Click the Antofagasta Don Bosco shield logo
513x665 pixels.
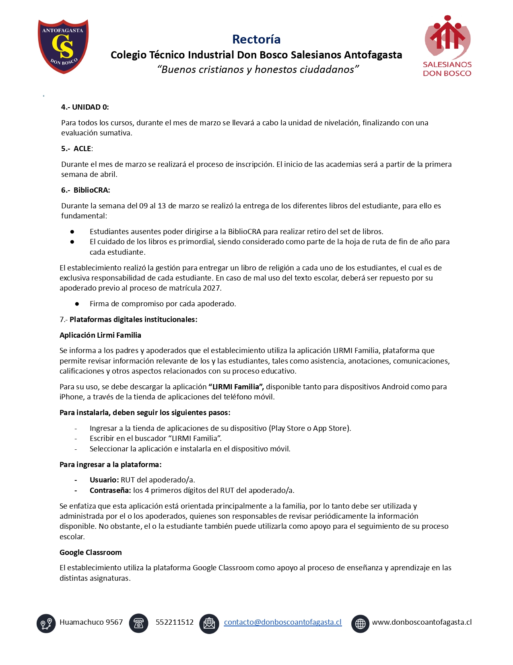(63, 46)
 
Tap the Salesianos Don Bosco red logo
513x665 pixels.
(447, 46)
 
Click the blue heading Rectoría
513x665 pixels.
(256, 39)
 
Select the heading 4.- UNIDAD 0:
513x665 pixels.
(85, 107)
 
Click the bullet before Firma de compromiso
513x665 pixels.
(77, 304)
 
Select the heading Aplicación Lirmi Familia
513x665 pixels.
(100, 335)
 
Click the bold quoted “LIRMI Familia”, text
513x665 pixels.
(236, 387)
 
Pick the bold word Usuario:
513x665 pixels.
(104, 480)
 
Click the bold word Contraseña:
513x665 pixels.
(110, 490)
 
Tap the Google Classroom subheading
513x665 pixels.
(91, 553)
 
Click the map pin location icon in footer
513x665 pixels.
(46, 623)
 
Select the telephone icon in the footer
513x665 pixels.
(138, 623)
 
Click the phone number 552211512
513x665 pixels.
(175, 622)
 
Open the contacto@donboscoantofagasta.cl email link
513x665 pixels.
(282, 622)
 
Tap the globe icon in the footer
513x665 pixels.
(360, 623)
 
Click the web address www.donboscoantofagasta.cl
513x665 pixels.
(422, 622)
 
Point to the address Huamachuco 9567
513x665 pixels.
(91, 622)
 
